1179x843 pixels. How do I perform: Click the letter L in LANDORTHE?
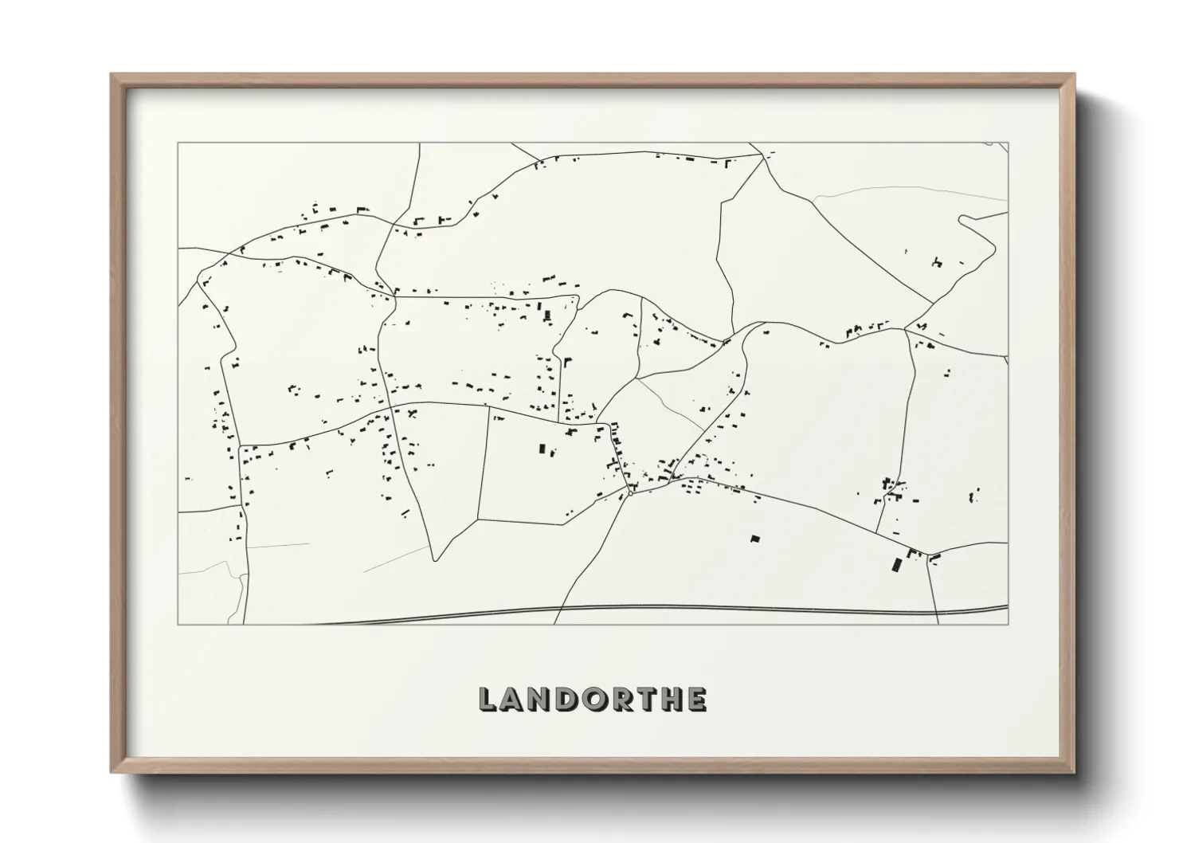point(488,700)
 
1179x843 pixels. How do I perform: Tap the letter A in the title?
point(514,700)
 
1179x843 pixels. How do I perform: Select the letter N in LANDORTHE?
point(540,700)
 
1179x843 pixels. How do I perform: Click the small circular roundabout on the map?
point(630,493)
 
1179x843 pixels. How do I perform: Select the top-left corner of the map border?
point(178,143)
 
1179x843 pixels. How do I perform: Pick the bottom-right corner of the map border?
point(1008,624)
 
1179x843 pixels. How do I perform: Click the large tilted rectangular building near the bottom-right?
point(896,564)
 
